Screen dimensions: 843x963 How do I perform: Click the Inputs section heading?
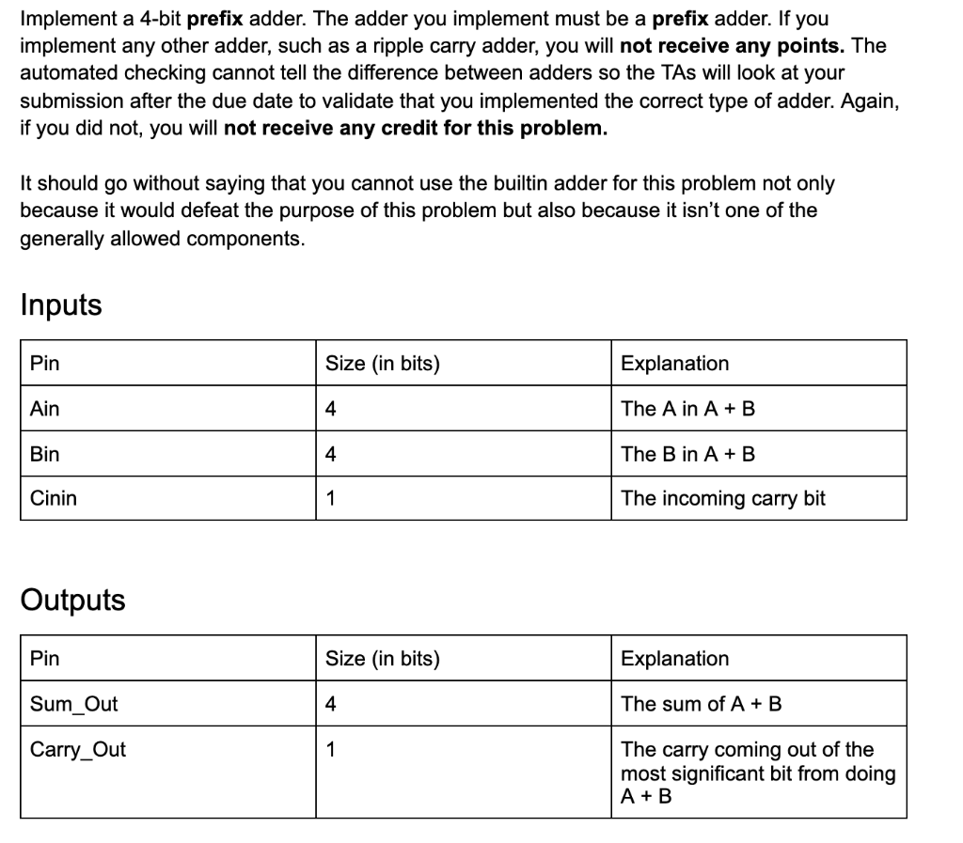pos(61,305)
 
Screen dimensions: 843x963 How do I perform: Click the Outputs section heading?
pos(72,601)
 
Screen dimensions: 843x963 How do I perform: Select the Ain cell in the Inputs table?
pos(45,409)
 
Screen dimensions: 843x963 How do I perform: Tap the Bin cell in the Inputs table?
pos(45,454)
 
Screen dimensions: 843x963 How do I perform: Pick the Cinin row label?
pos(54,498)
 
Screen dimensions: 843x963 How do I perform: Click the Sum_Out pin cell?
pos(74,704)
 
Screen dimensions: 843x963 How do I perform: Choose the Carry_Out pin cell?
pos(78,750)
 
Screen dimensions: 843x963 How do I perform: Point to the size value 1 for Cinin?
pos(330,498)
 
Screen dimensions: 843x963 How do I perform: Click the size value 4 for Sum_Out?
pos(330,704)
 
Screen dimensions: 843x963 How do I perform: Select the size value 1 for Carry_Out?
pos(330,750)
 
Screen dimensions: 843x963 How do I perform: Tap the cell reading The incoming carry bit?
pos(723,498)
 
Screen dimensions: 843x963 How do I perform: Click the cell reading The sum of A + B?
pos(702,704)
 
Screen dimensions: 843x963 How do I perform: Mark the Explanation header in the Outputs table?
pos(675,659)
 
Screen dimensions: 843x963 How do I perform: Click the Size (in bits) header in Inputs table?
pos(383,364)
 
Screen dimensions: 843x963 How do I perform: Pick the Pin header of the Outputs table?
pos(45,659)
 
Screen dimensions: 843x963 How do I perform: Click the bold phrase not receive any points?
pos(734,45)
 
